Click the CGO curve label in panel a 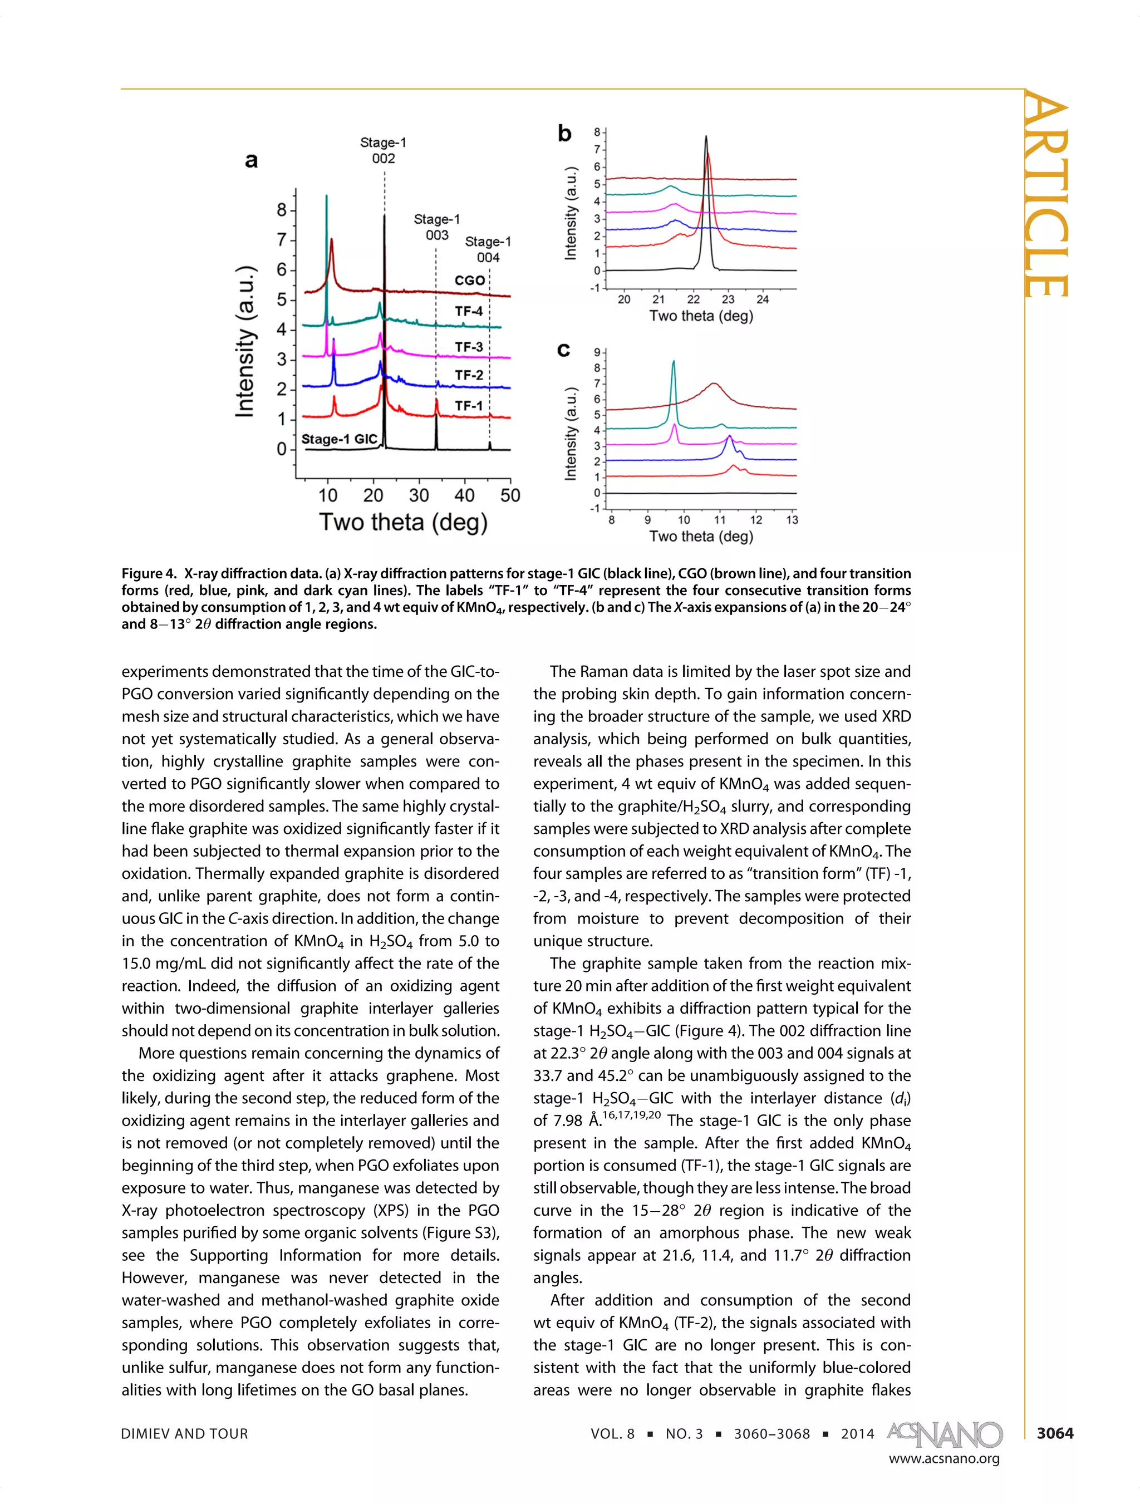pyautogui.click(x=469, y=280)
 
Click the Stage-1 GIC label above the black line pyautogui.click(x=338, y=439)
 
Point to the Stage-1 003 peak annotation pyautogui.click(x=436, y=227)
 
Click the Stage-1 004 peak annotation pyautogui.click(x=488, y=249)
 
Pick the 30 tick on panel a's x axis pyautogui.click(x=419, y=495)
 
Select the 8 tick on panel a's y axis pyautogui.click(x=282, y=210)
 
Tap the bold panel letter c pyautogui.click(x=563, y=350)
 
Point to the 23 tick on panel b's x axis pyautogui.click(x=728, y=299)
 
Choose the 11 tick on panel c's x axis pyautogui.click(x=720, y=520)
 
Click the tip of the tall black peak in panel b pyautogui.click(x=706, y=137)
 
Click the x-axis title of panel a pyautogui.click(x=403, y=523)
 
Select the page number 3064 pyautogui.click(x=1054, y=1433)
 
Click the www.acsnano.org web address pyautogui.click(x=944, y=1458)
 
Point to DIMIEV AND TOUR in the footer pyautogui.click(x=184, y=1434)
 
